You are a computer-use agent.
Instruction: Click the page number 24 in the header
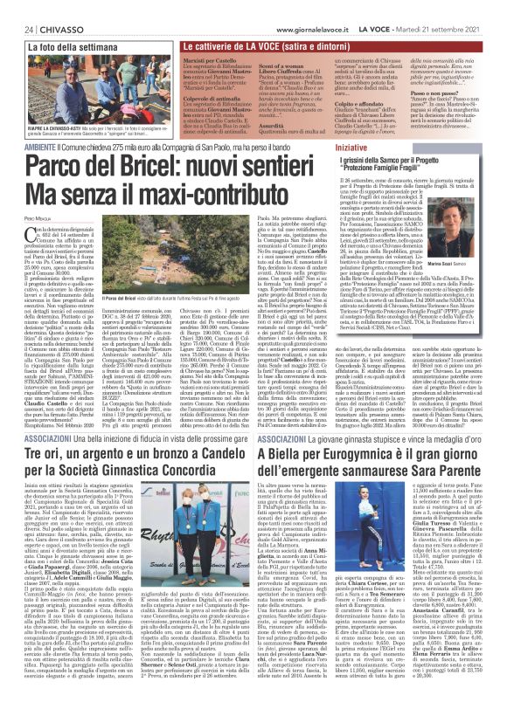(15, 7)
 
